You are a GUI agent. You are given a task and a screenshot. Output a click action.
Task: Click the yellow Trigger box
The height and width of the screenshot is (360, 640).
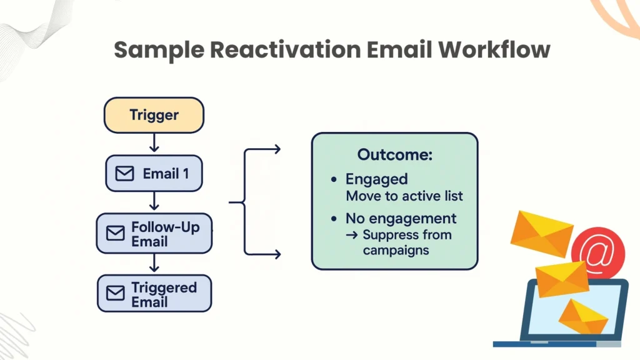click(x=154, y=115)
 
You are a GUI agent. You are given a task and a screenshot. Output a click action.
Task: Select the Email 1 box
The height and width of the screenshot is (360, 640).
click(x=154, y=173)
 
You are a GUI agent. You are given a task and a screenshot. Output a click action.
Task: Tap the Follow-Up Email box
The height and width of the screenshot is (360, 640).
click(x=154, y=233)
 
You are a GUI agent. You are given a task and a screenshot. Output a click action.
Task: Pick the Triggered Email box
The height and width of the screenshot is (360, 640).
click(x=154, y=294)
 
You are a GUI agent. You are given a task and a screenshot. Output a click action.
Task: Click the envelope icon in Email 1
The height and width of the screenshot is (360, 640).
click(x=125, y=174)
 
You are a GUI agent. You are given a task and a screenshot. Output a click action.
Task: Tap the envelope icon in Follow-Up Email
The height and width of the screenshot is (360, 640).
click(x=116, y=233)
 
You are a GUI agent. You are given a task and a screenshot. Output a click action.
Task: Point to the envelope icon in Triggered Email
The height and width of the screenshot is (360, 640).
click(x=116, y=294)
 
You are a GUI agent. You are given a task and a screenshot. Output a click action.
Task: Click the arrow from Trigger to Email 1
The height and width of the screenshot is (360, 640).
click(x=154, y=144)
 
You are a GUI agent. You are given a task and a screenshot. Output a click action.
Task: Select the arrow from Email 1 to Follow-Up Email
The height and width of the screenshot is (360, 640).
click(x=154, y=202)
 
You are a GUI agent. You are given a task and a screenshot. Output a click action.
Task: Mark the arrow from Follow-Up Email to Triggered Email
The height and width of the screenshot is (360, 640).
click(x=154, y=263)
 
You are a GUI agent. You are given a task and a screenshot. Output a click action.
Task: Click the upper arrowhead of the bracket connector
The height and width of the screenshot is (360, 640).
click(x=277, y=149)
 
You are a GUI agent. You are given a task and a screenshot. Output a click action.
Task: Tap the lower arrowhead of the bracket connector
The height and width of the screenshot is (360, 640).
click(x=277, y=254)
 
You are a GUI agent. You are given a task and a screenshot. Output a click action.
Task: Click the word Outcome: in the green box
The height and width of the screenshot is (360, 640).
click(x=394, y=155)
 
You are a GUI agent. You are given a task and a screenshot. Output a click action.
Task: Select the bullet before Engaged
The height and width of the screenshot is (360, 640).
click(x=334, y=180)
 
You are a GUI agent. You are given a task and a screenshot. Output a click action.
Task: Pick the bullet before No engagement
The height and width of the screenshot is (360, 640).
click(x=334, y=219)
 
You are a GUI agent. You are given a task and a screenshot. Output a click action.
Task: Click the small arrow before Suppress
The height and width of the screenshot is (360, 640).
click(x=351, y=236)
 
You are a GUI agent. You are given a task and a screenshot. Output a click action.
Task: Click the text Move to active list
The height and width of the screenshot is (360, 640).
click(x=404, y=196)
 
